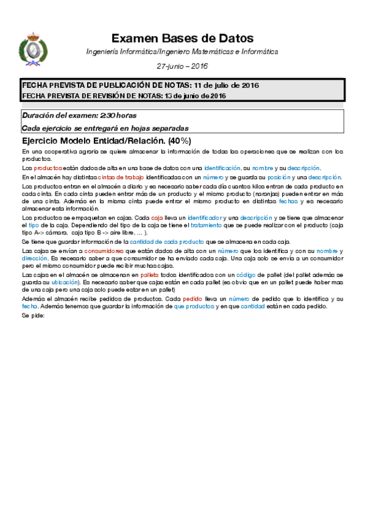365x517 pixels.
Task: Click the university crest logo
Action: pos(34,46)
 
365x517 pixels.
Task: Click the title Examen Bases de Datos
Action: pos(182,38)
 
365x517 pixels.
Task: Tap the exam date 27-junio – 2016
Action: pos(182,65)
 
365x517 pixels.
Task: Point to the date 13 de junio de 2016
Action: pos(196,96)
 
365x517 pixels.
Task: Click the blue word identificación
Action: pos(222,168)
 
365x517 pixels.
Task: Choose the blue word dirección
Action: pos(35,258)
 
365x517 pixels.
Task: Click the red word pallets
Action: pos(150,276)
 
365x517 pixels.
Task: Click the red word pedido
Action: pos(193,299)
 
